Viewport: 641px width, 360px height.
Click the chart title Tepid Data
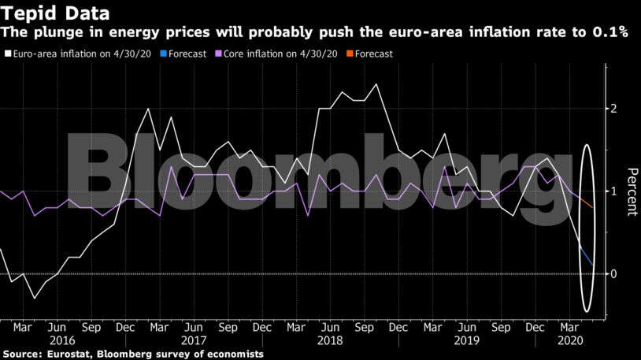tap(55, 13)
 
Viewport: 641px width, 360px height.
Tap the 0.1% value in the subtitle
tap(610, 34)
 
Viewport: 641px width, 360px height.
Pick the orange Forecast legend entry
tap(375, 54)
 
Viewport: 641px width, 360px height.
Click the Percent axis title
tap(630, 191)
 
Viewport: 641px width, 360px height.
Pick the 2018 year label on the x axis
tap(330, 340)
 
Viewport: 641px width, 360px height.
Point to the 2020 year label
tap(569, 340)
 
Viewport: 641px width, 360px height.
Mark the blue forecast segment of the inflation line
tap(587, 255)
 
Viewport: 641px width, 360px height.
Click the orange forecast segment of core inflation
tap(587, 202)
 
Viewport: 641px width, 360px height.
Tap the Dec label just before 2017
tap(124, 326)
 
